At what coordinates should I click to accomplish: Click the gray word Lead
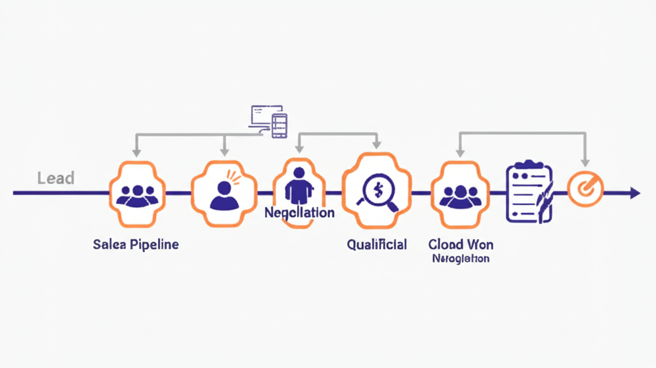56,178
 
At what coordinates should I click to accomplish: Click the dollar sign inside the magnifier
377,189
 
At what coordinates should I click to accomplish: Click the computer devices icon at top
268,121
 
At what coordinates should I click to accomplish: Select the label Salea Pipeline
135,244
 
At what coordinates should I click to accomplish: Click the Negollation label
299,212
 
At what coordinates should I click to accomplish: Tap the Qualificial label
377,244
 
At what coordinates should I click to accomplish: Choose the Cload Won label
460,244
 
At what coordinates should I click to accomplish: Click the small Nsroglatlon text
460,259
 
